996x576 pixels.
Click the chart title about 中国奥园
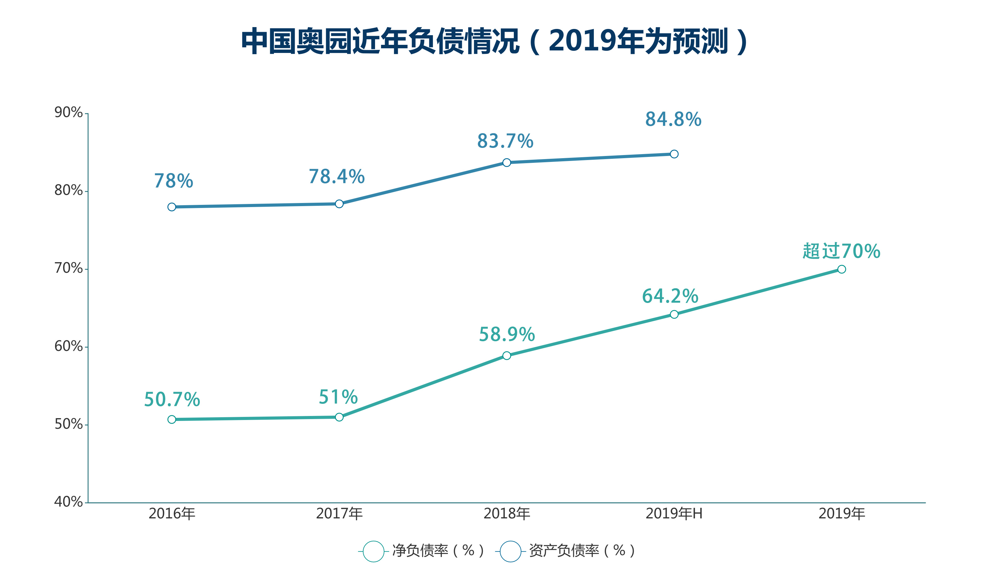pyautogui.click(x=494, y=41)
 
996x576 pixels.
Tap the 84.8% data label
pyautogui.click(x=673, y=119)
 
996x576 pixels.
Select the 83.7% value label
pyautogui.click(x=505, y=141)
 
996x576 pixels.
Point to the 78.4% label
pyautogui.click(x=337, y=177)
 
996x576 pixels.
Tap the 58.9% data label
pyautogui.click(x=507, y=335)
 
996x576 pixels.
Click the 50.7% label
pyautogui.click(x=172, y=400)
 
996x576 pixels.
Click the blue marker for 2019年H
pyautogui.click(x=674, y=154)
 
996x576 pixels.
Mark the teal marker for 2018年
pyautogui.click(x=507, y=356)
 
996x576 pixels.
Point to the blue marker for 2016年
pyautogui.click(x=171, y=207)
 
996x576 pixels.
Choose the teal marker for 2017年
pyautogui.click(x=339, y=417)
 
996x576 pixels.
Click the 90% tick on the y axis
pyautogui.click(x=68, y=113)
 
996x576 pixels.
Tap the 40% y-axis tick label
pyautogui.click(x=68, y=502)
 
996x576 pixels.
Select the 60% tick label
pyautogui.click(x=68, y=346)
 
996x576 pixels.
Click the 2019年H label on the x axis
pyautogui.click(x=674, y=514)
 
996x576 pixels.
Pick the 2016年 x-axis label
pyautogui.click(x=172, y=514)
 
